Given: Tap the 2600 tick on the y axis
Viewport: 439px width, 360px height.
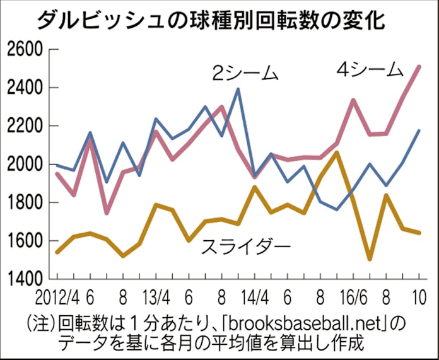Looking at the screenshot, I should point(24,50).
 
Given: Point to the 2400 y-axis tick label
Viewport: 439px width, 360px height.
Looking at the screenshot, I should point(24,88).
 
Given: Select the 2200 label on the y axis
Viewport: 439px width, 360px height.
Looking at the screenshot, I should point(24,127).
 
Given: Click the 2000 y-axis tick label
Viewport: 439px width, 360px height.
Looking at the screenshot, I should point(24,165).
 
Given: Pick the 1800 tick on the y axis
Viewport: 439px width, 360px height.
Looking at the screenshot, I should point(24,203).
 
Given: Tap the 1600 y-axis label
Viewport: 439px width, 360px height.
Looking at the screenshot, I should point(24,241).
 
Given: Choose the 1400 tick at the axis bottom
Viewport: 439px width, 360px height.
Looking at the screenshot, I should point(24,278).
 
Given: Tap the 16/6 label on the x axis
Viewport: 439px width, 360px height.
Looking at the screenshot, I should point(351,296).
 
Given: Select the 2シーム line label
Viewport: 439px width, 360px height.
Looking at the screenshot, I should point(244,74).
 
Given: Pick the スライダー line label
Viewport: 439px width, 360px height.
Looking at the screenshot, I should point(246,245).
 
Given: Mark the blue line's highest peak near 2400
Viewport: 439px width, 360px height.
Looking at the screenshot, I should point(238,89).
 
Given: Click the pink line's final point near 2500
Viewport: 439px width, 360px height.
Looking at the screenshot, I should point(419,66).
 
